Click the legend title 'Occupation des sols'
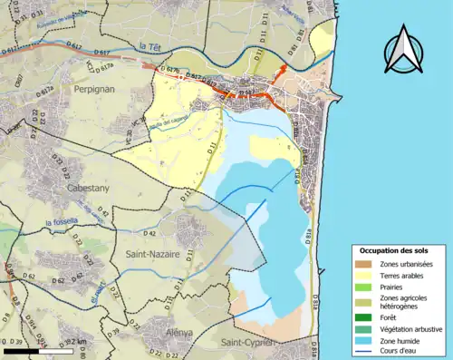(x=394, y=249)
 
